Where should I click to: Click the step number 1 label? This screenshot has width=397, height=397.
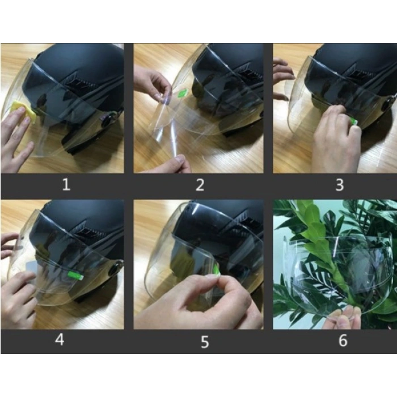(x=66, y=184)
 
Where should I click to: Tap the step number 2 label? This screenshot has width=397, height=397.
(x=200, y=185)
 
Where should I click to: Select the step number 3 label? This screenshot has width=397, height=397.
(x=340, y=185)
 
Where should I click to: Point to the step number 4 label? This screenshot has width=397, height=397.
(x=60, y=340)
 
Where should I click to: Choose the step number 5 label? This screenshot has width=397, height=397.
(x=205, y=343)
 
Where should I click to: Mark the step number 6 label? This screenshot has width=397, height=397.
(x=343, y=340)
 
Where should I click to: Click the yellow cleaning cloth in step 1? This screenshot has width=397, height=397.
(x=24, y=111)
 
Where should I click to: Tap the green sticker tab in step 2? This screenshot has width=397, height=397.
(x=183, y=93)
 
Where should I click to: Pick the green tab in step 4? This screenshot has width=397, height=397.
(x=75, y=276)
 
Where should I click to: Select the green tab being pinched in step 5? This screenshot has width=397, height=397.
(x=217, y=269)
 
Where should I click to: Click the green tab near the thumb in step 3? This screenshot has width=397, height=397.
(x=353, y=121)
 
